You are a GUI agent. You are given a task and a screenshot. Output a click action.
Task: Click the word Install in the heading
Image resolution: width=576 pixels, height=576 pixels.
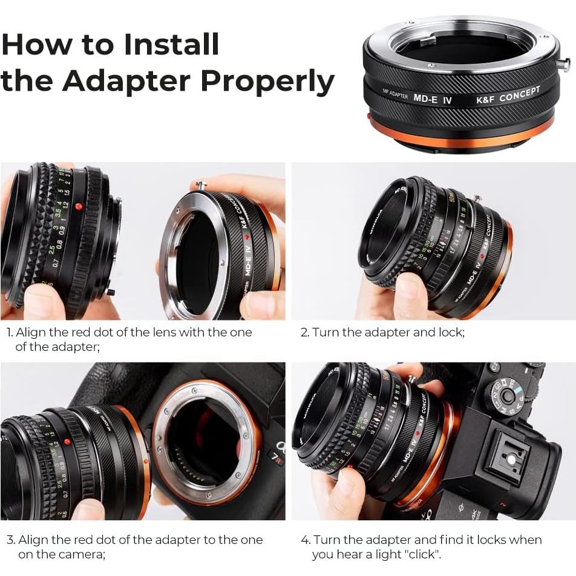pyautogui.click(x=171, y=44)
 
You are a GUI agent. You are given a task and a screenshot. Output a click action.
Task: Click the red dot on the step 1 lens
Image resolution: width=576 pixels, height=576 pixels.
pyautogui.click(x=78, y=206)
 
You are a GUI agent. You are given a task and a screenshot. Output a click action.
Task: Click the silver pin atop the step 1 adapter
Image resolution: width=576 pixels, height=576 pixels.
pyautogui.click(x=201, y=185)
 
